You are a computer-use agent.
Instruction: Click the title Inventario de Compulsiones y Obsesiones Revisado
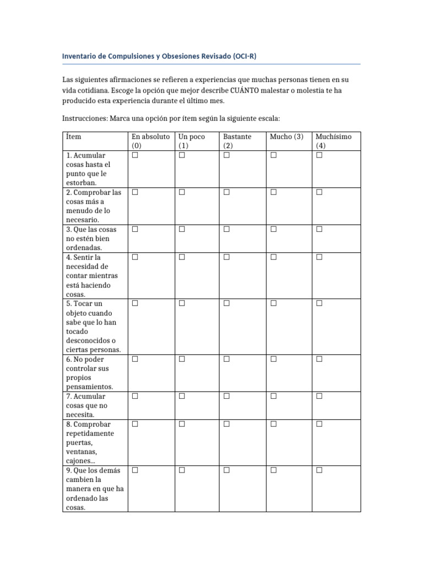159,56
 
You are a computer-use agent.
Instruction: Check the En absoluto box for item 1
134,155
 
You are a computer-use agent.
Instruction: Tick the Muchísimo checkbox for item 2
319,192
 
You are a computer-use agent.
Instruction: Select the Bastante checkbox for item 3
226,229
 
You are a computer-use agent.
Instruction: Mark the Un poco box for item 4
182,257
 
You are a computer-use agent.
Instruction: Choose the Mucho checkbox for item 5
273,303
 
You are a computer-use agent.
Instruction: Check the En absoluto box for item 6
134,359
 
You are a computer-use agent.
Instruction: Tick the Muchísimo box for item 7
319,396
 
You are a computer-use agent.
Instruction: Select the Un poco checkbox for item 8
182,424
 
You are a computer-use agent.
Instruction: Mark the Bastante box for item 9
226,470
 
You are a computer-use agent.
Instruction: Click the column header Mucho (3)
286,137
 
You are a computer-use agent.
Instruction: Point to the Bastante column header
237,137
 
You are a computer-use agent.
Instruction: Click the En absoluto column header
150,137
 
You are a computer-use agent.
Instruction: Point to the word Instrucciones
85,118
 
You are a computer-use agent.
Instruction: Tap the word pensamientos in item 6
89,387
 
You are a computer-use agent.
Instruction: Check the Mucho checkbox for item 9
273,470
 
